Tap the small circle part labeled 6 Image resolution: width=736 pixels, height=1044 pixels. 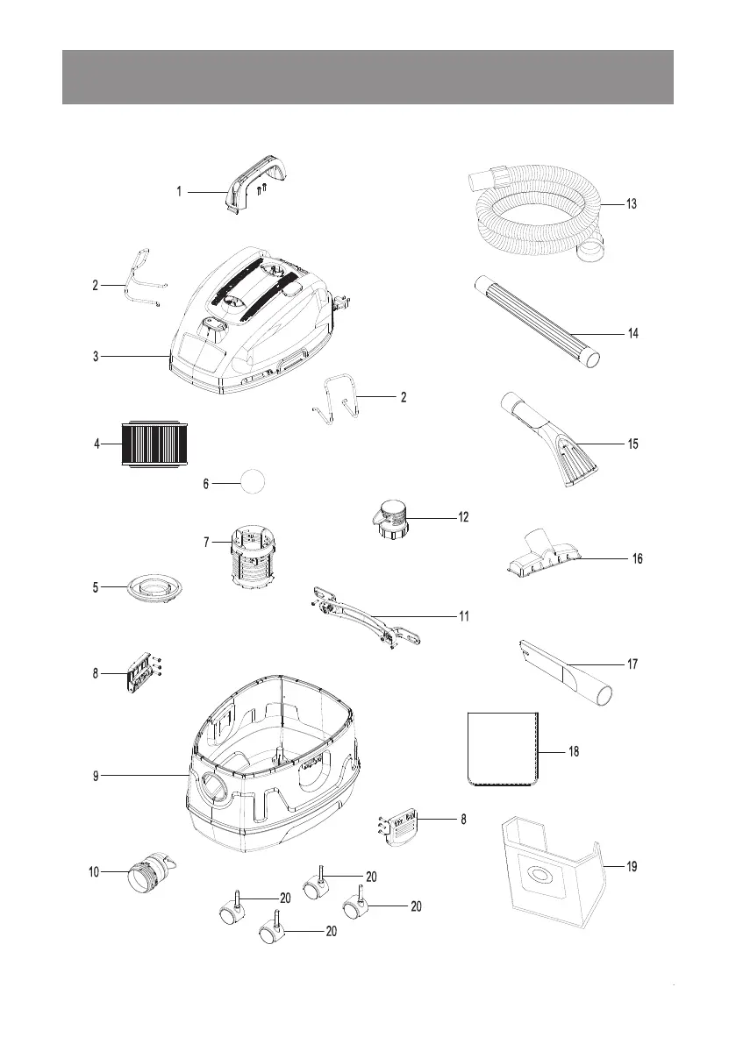(x=253, y=481)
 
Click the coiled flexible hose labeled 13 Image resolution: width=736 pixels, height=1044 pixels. (x=535, y=215)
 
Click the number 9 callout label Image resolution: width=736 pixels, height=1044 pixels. (x=96, y=775)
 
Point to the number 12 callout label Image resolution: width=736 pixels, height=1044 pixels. (x=462, y=516)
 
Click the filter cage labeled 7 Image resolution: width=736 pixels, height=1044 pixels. (x=253, y=557)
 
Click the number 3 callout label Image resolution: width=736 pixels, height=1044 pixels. (x=96, y=356)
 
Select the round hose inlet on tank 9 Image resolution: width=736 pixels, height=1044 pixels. (x=214, y=784)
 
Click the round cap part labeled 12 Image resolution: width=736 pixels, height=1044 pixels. (x=393, y=516)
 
